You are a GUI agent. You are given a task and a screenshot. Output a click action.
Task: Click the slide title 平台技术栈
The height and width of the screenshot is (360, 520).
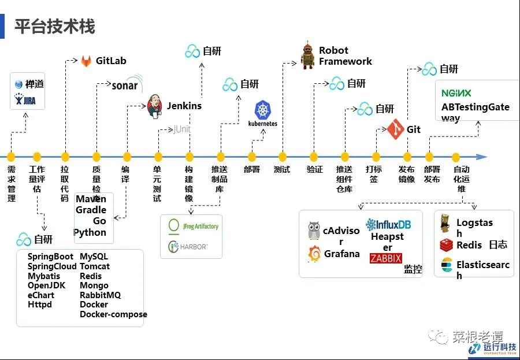point(55,26)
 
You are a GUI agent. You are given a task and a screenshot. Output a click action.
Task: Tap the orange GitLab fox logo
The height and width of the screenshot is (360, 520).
point(86,61)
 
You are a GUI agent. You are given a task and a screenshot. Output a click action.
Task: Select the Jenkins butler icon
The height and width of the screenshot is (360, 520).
point(155,106)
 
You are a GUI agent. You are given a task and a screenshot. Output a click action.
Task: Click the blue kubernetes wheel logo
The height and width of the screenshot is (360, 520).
point(263,110)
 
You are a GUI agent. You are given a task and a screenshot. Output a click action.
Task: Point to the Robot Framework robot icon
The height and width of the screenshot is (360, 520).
point(307,56)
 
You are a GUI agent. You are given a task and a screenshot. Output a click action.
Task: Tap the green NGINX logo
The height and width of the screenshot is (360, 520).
point(456,93)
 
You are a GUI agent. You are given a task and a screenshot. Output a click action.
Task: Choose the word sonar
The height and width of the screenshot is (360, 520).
point(124,86)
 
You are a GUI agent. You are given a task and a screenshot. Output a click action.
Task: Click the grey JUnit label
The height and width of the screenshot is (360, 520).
point(182,129)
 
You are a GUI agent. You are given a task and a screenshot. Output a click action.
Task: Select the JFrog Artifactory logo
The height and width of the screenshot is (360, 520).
point(192,226)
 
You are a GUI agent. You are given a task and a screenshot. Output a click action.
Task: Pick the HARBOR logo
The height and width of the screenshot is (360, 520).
point(187,247)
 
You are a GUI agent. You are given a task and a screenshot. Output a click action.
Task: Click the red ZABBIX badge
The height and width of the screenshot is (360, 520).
point(385,258)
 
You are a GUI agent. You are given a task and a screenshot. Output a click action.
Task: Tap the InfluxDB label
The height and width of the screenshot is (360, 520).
point(388,224)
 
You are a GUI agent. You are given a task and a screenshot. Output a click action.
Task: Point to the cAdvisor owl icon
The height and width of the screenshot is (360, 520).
point(314,231)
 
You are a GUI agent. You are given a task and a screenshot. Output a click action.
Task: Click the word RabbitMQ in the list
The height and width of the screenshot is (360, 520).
point(100,295)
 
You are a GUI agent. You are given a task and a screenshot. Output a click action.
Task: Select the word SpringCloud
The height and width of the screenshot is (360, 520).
point(52,266)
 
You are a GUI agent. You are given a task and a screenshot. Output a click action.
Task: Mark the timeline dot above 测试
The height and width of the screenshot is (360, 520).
point(283,156)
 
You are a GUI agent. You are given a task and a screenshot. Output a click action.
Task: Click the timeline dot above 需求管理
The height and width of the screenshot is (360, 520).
point(11,156)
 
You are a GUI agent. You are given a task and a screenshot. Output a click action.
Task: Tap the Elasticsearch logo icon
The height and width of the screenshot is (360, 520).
point(446,265)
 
